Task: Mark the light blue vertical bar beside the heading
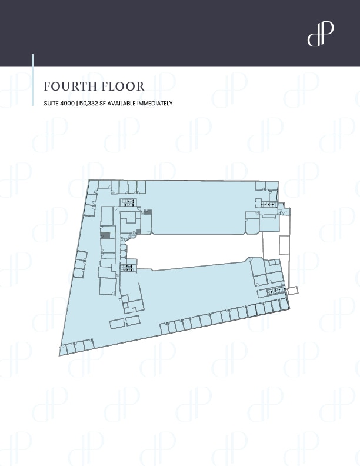click(32, 80)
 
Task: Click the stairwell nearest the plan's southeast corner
click(274, 291)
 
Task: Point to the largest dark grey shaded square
click(105, 235)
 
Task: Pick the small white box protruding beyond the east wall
click(294, 290)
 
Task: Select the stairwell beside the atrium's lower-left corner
click(128, 269)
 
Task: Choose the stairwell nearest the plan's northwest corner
click(128, 202)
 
